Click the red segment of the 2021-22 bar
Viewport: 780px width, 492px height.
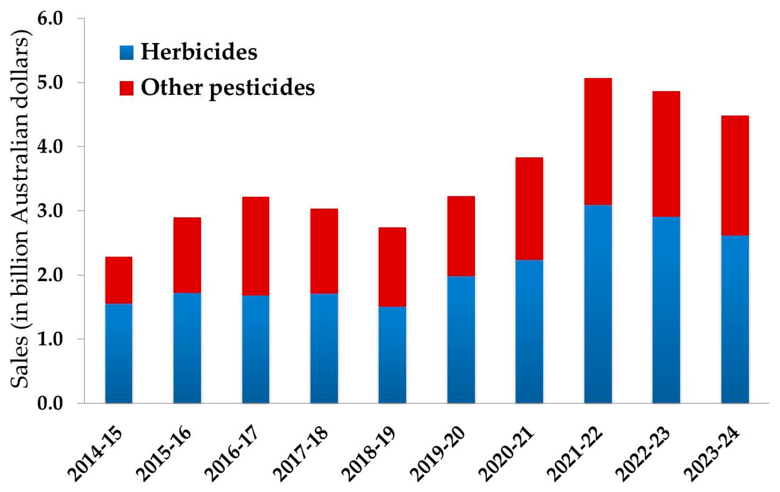tap(598, 141)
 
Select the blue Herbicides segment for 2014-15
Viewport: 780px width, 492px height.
tap(118, 353)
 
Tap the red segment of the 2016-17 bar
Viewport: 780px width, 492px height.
tap(255, 246)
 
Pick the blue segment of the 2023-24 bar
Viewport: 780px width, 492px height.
tap(735, 319)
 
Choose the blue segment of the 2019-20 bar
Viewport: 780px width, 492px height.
tap(461, 339)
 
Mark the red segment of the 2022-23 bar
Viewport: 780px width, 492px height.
tap(666, 154)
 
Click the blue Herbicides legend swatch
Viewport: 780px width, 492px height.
tap(126, 53)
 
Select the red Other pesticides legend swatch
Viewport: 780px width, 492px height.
tap(126, 88)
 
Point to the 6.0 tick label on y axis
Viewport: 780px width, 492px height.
tap(50, 19)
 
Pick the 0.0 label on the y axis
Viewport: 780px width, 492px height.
tap(50, 404)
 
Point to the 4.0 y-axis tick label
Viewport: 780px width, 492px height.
tap(50, 147)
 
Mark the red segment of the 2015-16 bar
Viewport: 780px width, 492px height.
tap(187, 255)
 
